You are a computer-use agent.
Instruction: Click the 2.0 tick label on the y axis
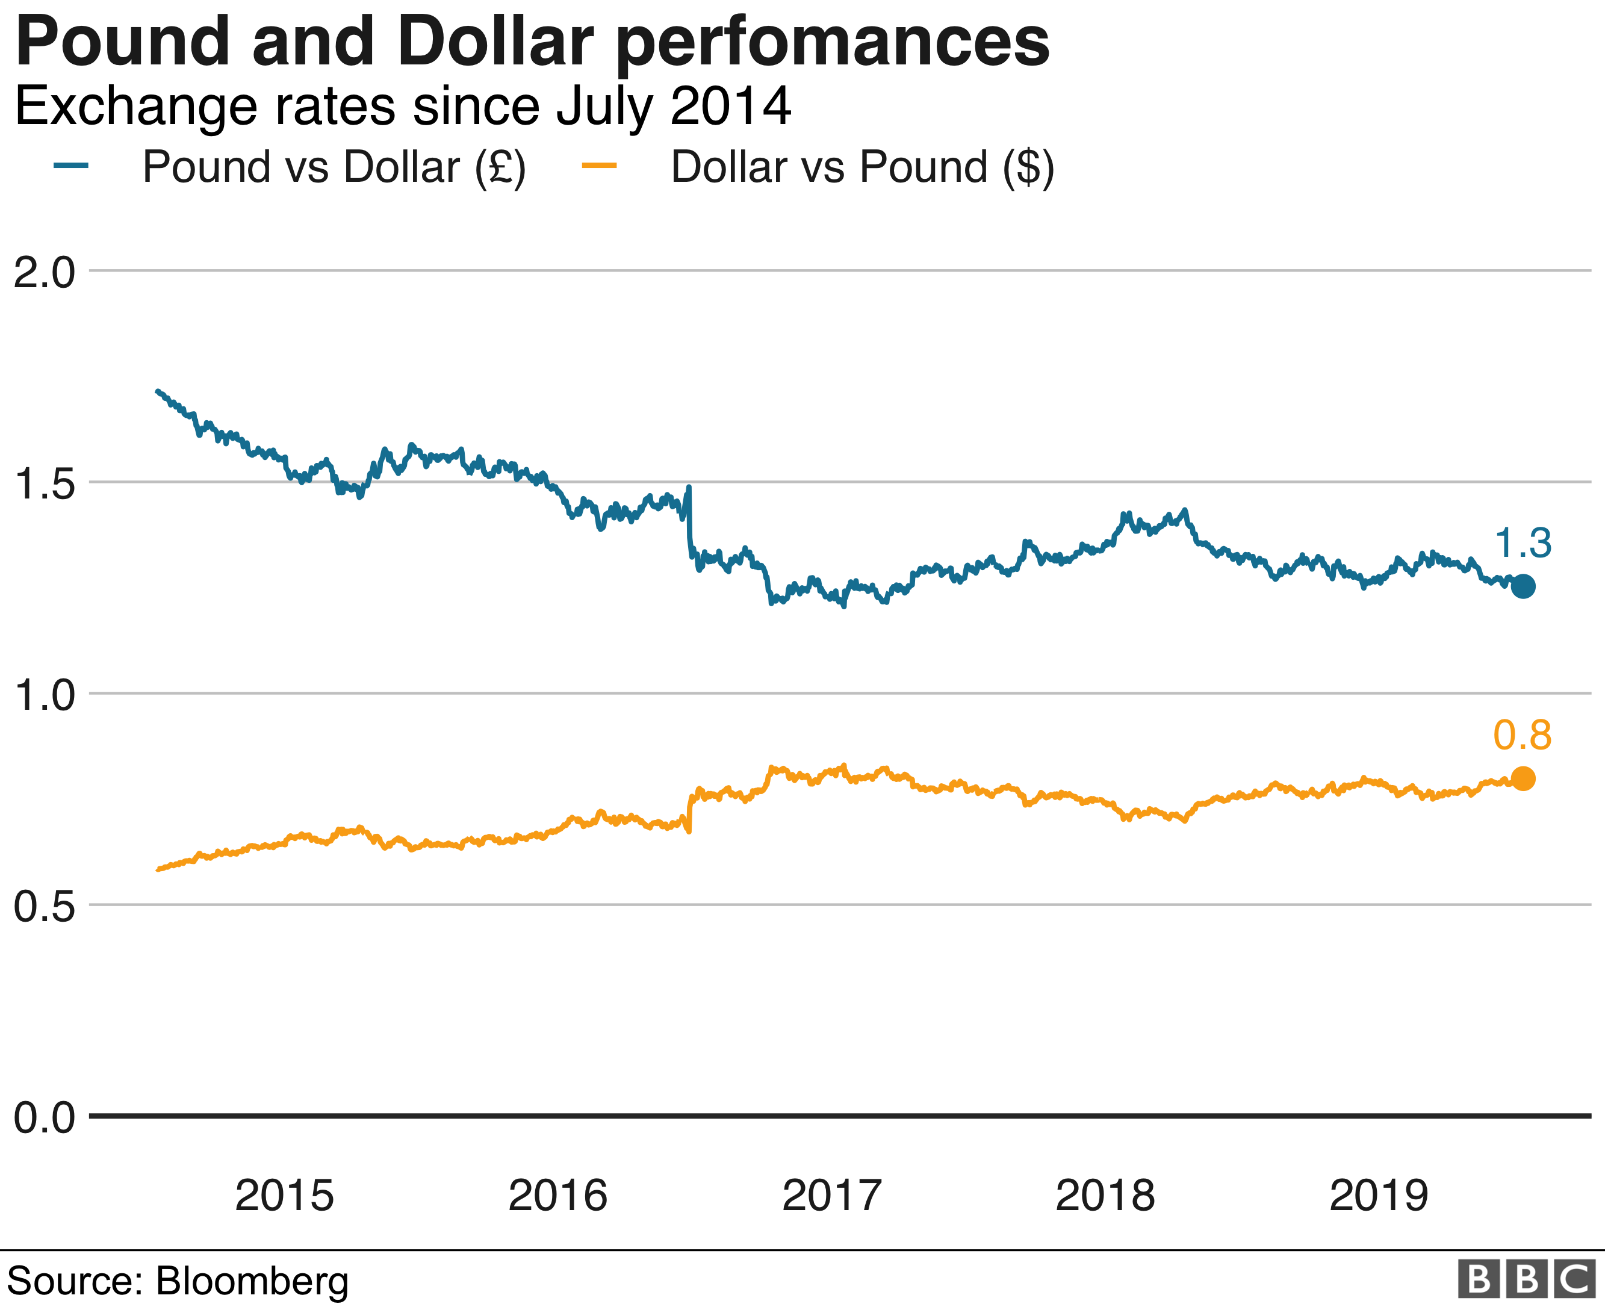tap(45, 272)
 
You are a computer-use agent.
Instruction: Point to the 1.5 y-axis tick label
tap(45, 484)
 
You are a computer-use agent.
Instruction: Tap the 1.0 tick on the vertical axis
tap(45, 695)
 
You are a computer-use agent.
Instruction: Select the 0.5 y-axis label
tap(45, 907)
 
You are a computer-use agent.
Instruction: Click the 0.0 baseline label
tap(45, 1118)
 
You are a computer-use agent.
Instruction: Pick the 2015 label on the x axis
tap(284, 1195)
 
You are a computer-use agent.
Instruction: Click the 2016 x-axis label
tap(557, 1195)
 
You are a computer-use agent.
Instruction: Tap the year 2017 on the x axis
tap(831, 1195)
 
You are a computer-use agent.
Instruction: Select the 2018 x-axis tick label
tap(1105, 1195)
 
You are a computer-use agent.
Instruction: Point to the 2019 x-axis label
tap(1379, 1195)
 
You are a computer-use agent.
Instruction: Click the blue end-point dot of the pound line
tap(1523, 586)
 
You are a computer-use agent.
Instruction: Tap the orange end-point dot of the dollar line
tap(1523, 779)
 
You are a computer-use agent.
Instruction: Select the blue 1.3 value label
tap(1523, 543)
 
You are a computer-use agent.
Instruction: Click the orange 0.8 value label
tap(1523, 735)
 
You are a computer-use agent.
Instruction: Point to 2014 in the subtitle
tap(730, 106)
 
